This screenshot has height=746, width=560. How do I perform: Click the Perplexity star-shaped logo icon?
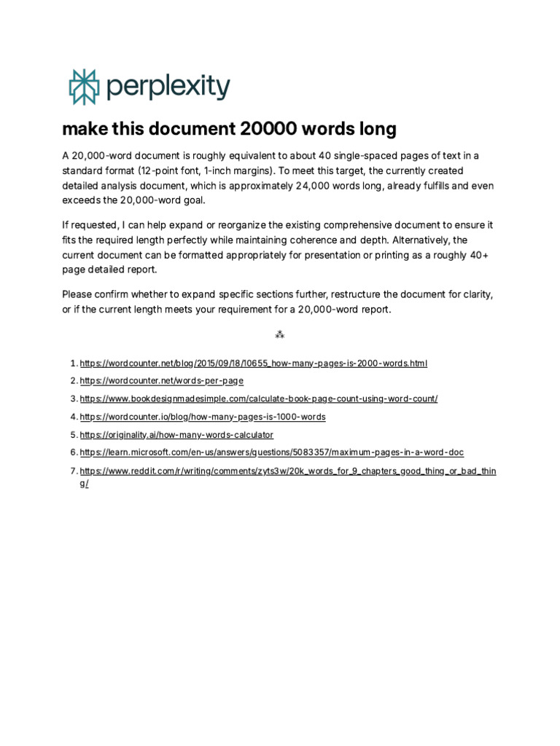82,87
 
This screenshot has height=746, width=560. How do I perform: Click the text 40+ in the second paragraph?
476,255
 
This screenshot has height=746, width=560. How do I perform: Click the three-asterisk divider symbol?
279,335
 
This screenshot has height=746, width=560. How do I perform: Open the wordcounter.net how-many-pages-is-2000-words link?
253,363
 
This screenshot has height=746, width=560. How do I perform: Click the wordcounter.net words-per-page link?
161,380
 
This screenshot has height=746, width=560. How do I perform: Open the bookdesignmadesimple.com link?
258,398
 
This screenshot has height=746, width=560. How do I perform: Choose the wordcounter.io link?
202,417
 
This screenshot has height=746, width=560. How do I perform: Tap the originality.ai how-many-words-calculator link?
176,435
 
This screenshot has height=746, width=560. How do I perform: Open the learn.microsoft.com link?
271,452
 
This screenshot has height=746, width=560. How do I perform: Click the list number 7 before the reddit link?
73,471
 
